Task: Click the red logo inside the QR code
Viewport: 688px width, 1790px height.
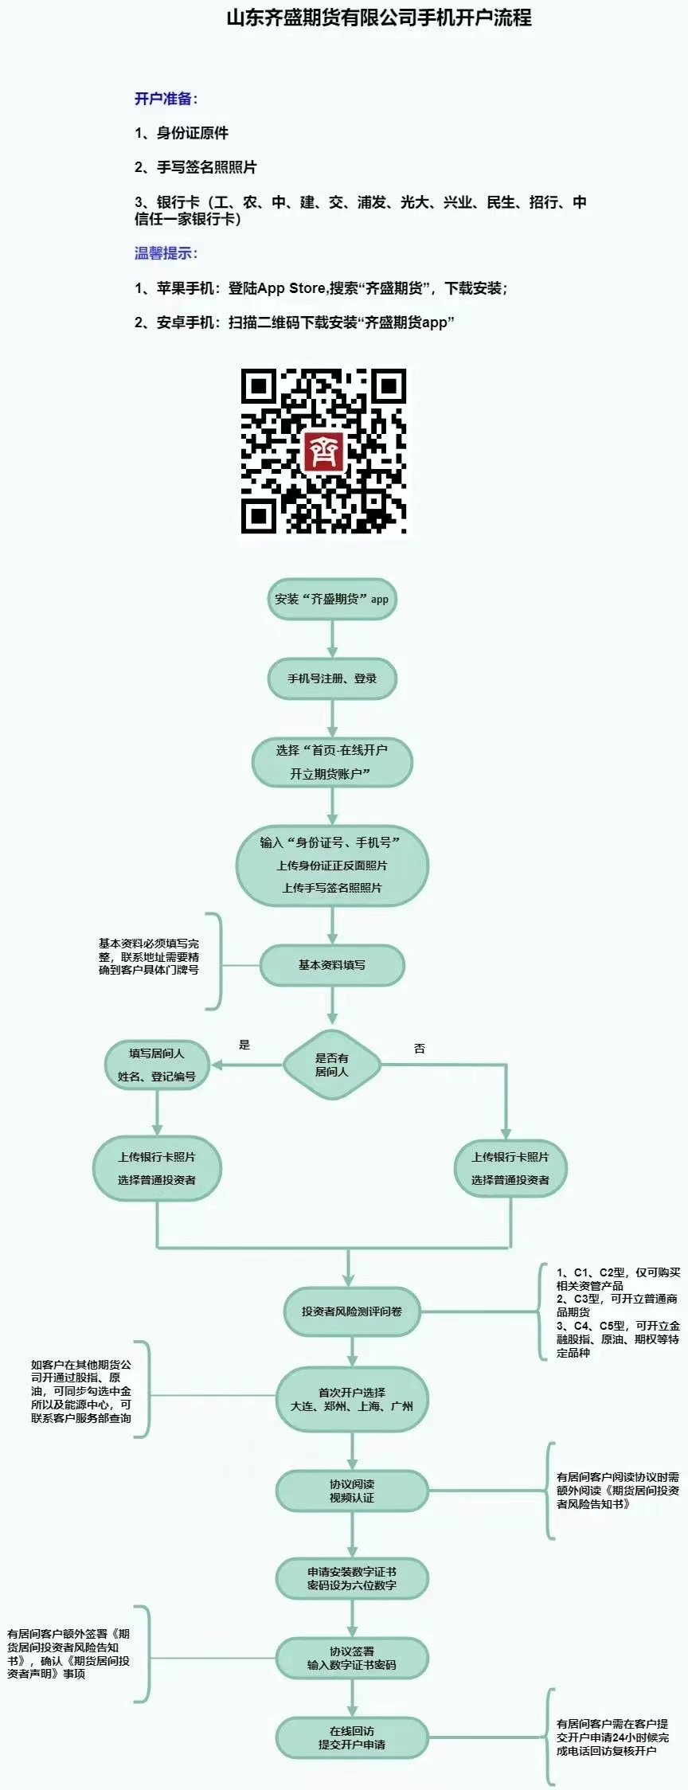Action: click(324, 451)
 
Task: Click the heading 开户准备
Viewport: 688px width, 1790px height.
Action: click(166, 99)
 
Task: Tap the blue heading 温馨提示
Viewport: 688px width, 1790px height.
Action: click(166, 253)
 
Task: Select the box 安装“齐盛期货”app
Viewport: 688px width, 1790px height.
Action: click(331, 600)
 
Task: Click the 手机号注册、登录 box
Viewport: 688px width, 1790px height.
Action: click(331, 678)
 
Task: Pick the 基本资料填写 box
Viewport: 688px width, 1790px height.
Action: click(331, 965)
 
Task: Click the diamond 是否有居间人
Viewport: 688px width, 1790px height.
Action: click(331, 1065)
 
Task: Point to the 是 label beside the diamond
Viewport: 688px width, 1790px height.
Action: click(244, 1045)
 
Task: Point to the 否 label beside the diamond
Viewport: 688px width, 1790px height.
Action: click(420, 1049)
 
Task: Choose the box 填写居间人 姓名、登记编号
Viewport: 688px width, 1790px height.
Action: click(157, 1065)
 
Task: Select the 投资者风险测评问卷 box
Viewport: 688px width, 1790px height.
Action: click(351, 1311)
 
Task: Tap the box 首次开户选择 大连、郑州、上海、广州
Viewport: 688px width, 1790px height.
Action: click(351, 1399)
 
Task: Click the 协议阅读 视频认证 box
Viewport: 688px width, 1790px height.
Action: click(351, 1491)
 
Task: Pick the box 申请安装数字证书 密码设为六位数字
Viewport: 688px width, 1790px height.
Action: click(351, 1578)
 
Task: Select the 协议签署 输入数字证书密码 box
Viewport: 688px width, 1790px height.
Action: click(351, 1658)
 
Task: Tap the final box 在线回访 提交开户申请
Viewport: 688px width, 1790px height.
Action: click(351, 1737)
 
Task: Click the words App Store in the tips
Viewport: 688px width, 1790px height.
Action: click(290, 288)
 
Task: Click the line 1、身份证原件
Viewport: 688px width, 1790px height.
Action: click(182, 133)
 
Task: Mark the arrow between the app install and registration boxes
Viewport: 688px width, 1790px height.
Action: click(332, 639)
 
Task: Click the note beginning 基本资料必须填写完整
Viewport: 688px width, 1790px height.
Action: click(149, 956)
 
